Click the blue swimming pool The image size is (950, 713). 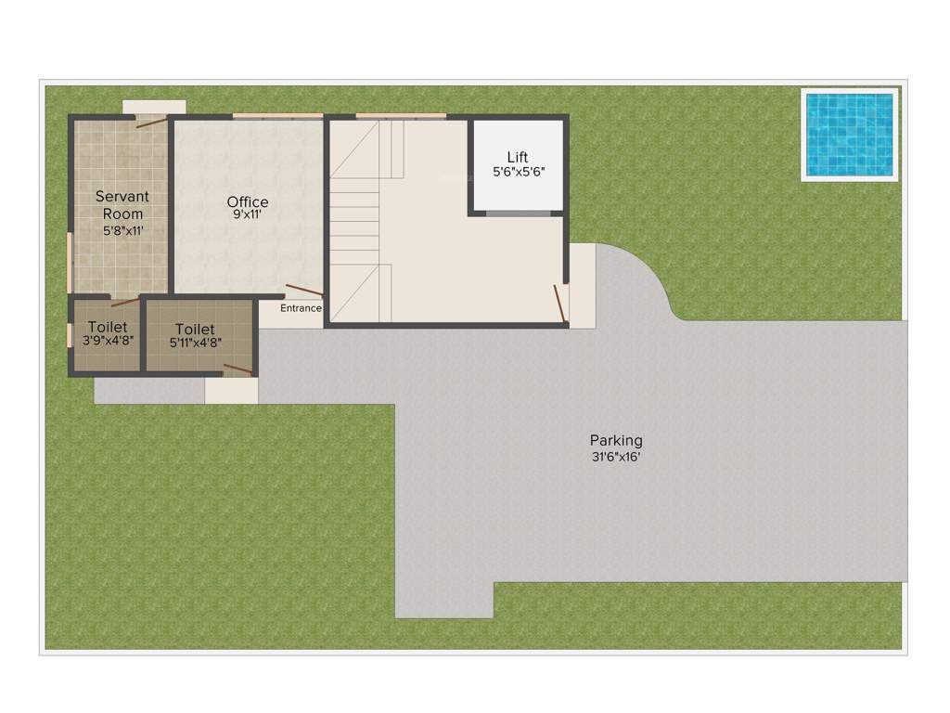pyautogui.click(x=849, y=135)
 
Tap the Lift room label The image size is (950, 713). pyautogui.click(x=518, y=156)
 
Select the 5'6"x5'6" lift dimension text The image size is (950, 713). pyautogui.click(x=518, y=172)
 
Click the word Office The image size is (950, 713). pyautogui.click(x=248, y=201)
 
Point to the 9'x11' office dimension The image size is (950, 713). pyautogui.click(x=248, y=214)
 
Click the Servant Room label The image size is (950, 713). pyautogui.click(x=122, y=205)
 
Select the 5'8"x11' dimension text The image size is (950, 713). pyautogui.click(x=122, y=229)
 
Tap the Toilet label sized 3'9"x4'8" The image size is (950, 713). pyautogui.click(x=108, y=328)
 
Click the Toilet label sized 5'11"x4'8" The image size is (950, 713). pyautogui.click(x=195, y=329)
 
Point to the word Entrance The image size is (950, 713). pyautogui.click(x=302, y=308)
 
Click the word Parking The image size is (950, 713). pyautogui.click(x=616, y=440)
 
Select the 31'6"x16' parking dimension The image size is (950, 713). pyautogui.click(x=616, y=456)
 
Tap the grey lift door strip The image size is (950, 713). pyautogui.click(x=518, y=214)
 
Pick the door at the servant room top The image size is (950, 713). pyautogui.click(x=152, y=120)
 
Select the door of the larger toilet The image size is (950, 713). pyautogui.click(x=237, y=369)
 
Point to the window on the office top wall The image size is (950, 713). pyautogui.click(x=277, y=116)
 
